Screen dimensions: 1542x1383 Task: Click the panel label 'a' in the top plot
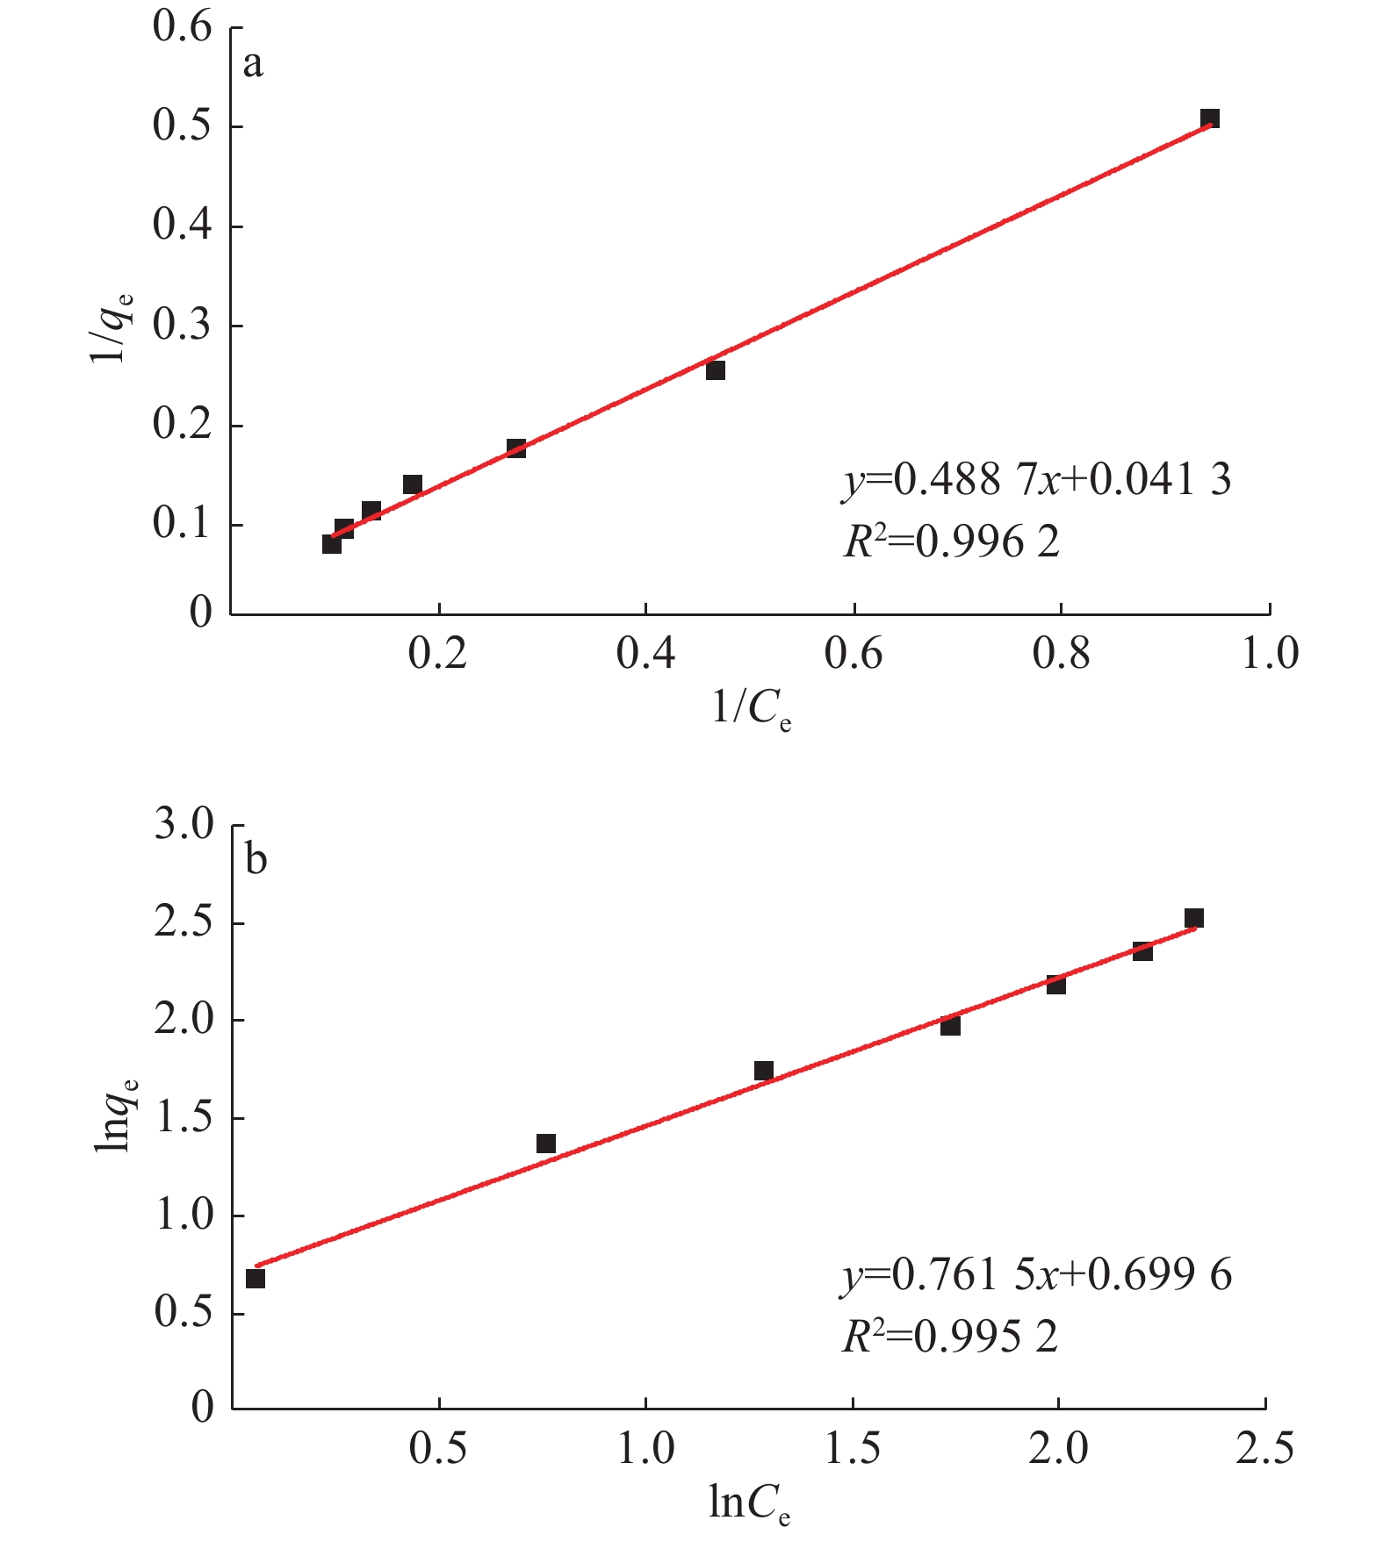point(253,65)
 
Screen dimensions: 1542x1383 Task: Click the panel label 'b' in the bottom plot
point(256,859)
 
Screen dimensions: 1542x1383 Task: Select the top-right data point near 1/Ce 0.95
point(1210,118)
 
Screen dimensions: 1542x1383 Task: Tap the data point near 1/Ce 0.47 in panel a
point(716,370)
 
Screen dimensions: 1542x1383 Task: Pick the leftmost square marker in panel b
point(256,1279)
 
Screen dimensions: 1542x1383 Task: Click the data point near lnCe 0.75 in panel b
point(546,1144)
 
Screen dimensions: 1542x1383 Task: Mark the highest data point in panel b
point(1194,918)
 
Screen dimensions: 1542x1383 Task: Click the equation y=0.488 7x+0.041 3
point(1036,480)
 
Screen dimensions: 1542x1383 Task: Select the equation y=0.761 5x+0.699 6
point(1036,1274)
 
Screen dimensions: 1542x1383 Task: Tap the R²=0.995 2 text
point(949,1338)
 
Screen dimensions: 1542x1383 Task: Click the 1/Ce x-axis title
point(751,707)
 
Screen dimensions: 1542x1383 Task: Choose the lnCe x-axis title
point(749,1504)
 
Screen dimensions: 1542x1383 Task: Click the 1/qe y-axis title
point(112,326)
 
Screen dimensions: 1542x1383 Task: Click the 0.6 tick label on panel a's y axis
point(183,27)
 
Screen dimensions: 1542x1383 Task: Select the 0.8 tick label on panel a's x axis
point(1062,654)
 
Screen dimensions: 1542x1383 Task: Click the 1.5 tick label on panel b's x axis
point(854,1449)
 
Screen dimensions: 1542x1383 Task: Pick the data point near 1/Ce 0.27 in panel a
point(516,448)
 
